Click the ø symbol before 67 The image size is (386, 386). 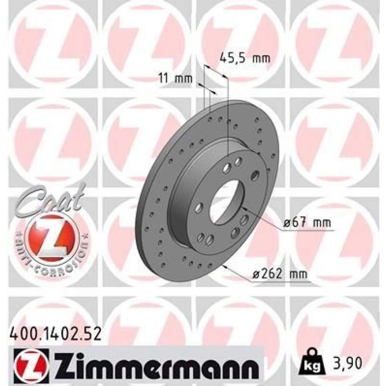click(286, 223)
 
